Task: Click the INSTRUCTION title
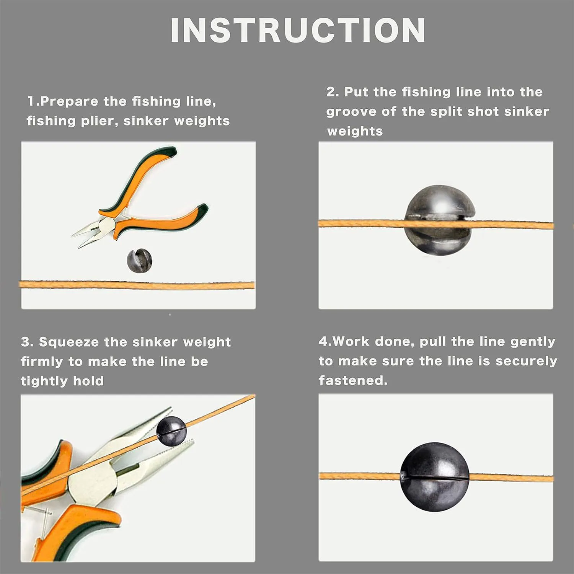coord(298,31)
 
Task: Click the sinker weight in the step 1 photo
coord(139,261)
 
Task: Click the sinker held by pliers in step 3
coord(171,431)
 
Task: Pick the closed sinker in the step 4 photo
coord(434,477)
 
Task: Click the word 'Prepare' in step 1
coord(69,102)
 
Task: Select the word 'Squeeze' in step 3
coord(69,342)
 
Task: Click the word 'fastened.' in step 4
coord(353,380)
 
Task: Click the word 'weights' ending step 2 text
coord(355,131)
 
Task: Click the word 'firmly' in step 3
coord(42,362)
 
